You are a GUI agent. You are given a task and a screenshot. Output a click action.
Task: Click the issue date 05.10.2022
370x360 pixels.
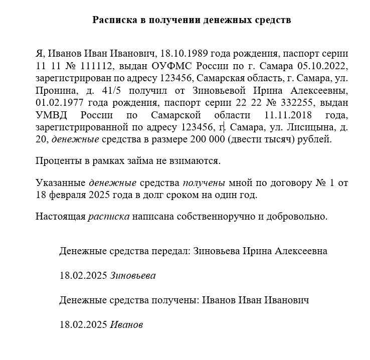tap(309, 66)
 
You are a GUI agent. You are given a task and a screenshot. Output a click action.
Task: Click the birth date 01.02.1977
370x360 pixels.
tap(58, 103)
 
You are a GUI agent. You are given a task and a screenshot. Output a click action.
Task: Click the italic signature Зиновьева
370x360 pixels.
tap(133, 275)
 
